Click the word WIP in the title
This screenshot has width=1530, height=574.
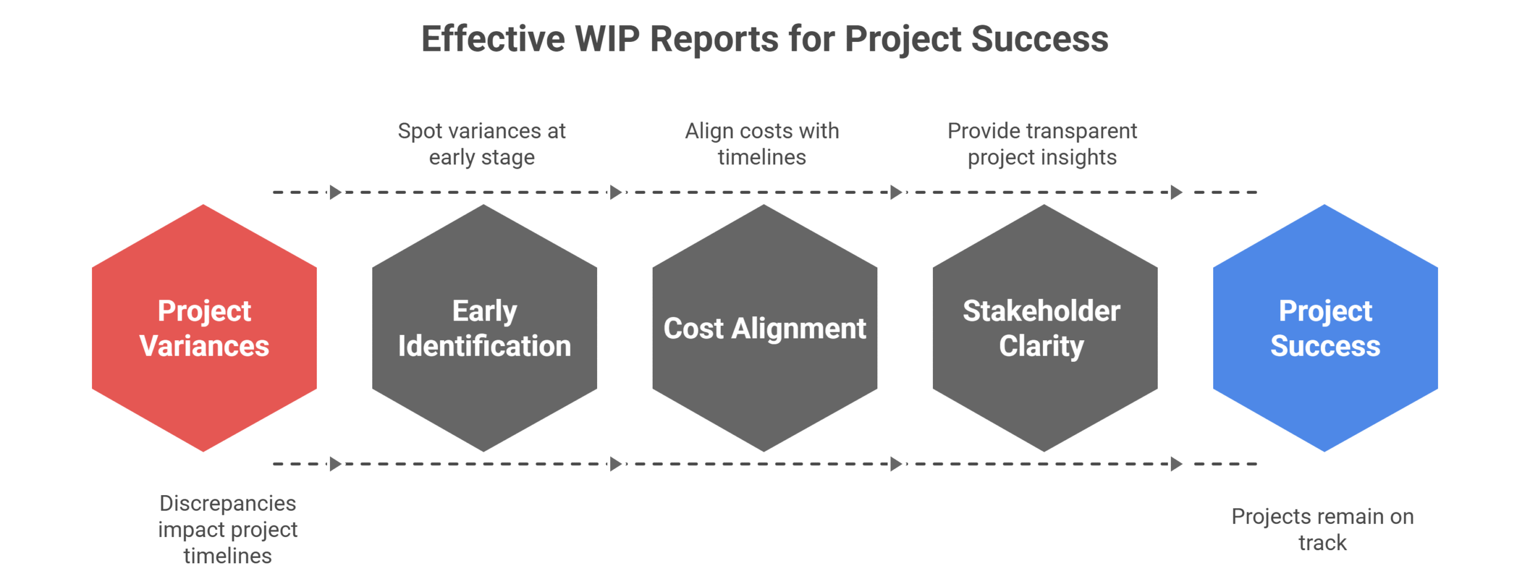point(607,39)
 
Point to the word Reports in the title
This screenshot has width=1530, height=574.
point(714,39)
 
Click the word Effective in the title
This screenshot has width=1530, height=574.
point(493,39)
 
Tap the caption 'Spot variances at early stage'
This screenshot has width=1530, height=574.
point(482,144)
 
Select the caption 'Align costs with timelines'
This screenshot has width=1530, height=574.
point(762,144)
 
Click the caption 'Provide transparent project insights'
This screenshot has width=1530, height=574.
point(1042,144)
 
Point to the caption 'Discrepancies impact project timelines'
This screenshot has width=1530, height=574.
point(228,529)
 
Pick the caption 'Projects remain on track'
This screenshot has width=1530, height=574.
point(1323,529)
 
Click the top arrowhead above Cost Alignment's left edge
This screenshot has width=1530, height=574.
point(616,193)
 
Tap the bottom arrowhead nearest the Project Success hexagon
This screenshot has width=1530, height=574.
point(1176,464)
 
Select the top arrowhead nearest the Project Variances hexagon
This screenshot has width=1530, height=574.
point(335,193)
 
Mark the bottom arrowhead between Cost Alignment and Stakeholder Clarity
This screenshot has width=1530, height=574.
point(896,464)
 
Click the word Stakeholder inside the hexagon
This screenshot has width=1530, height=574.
point(1041,311)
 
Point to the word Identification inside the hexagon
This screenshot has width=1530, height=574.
point(484,346)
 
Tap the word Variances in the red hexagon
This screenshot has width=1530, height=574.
point(204,346)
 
